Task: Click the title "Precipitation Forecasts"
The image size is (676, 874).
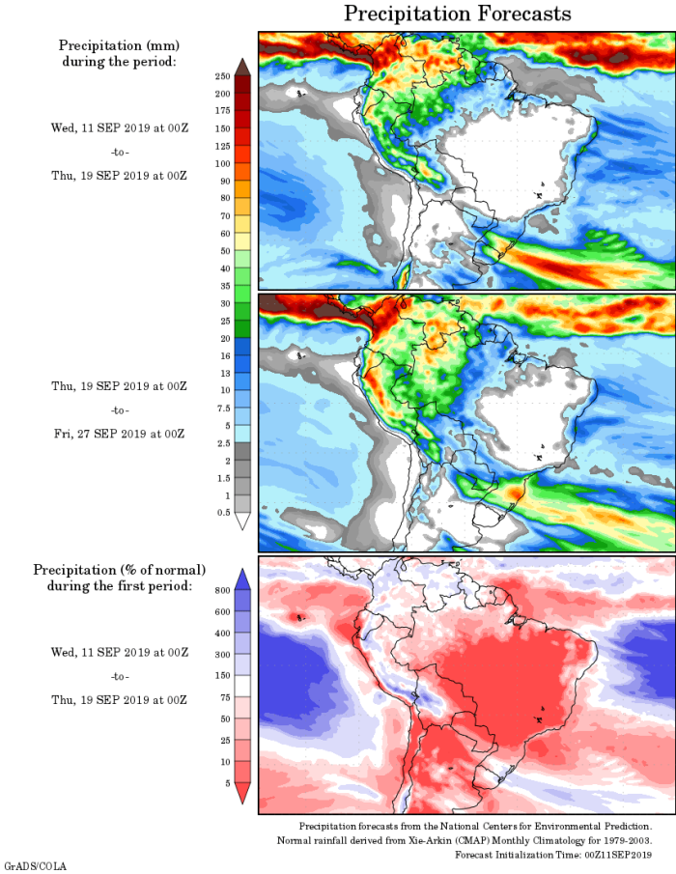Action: click(458, 14)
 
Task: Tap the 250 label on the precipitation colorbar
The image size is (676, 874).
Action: click(222, 75)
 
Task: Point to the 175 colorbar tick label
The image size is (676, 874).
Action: click(222, 111)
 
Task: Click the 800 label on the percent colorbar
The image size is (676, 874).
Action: click(222, 588)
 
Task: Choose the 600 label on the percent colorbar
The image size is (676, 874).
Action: click(222, 611)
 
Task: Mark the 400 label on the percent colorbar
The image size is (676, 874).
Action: click(222, 633)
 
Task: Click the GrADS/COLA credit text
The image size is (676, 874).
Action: click(33, 866)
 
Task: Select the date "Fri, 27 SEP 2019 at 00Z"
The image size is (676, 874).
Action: click(119, 434)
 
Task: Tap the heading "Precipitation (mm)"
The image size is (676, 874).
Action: click(119, 45)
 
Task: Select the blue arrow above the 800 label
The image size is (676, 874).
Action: click(242, 577)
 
